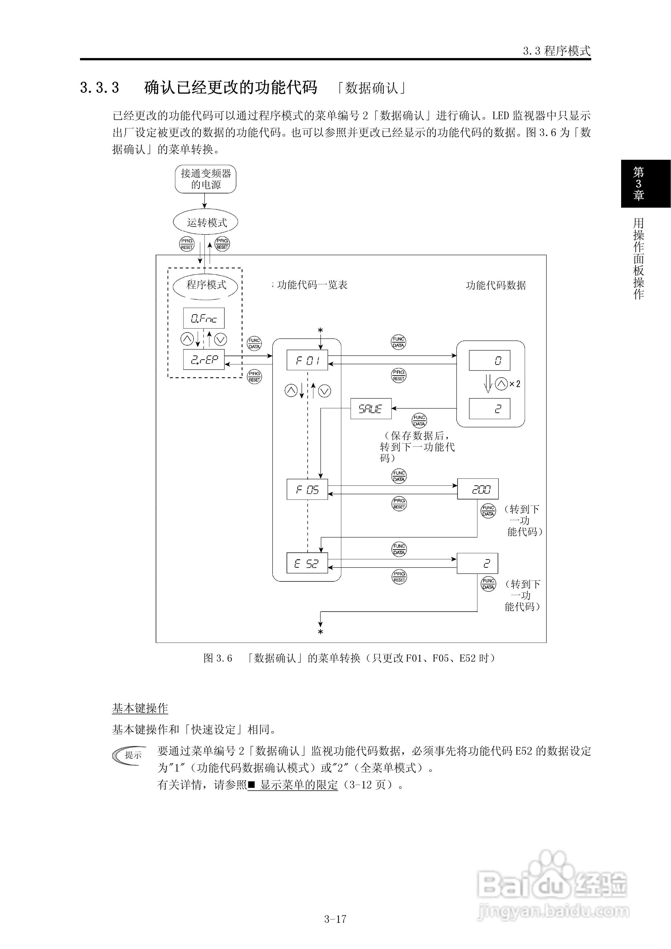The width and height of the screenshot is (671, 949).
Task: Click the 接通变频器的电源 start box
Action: [x=205, y=179]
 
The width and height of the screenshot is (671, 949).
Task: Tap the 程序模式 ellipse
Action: [x=205, y=285]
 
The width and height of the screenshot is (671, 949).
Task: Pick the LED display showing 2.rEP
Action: [x=204, y=359]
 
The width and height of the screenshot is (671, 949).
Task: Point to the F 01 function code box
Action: [x=307, y=360]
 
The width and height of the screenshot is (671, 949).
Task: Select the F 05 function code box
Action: [x=307, y=489]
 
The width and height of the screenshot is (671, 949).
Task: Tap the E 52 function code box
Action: [x=307, y=563]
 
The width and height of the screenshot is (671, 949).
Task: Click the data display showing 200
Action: [x=478, y=489]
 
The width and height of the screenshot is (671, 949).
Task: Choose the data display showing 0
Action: [x=490, y=360]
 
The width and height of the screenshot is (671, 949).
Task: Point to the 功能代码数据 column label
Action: [x=496, y=285]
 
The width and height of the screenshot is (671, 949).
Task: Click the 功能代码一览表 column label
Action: [x=312, y=285]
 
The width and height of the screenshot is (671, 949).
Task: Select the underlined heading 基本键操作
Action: [x=140, y=708]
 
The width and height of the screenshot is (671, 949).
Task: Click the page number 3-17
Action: [x=335, y=919]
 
